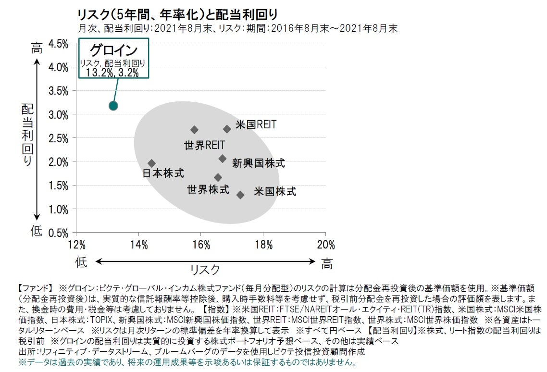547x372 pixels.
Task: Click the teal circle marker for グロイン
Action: tap(113, 106)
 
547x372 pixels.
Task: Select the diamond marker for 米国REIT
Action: tap(227, 129)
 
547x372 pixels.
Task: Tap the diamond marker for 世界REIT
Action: tap(194, 130)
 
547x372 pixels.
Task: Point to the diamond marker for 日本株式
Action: tap(151, 163)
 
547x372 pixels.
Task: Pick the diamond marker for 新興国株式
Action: tap(223, 159)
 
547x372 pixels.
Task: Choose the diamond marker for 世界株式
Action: tap(218, 177)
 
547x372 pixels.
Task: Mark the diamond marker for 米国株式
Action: tap(240, 195)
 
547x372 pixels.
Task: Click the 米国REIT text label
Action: tap(256, 125)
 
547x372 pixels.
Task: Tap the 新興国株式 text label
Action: tap(259, 163)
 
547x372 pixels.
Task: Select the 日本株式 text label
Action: tap(163, 174)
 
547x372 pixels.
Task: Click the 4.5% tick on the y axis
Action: tap(59, 44)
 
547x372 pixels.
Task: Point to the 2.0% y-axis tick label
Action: tap(59, 162)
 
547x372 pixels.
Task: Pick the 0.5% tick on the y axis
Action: tap(59, 233)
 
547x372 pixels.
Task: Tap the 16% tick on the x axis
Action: tap(201, 245)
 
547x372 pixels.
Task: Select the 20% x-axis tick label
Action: tap(325, 245)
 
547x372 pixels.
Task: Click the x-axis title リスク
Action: tap(205, 269)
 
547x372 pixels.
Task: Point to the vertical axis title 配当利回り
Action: tap(27, 135)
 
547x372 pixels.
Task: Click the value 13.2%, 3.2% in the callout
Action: tap(112, 73)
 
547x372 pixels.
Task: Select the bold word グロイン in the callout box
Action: tap(114, 51)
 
